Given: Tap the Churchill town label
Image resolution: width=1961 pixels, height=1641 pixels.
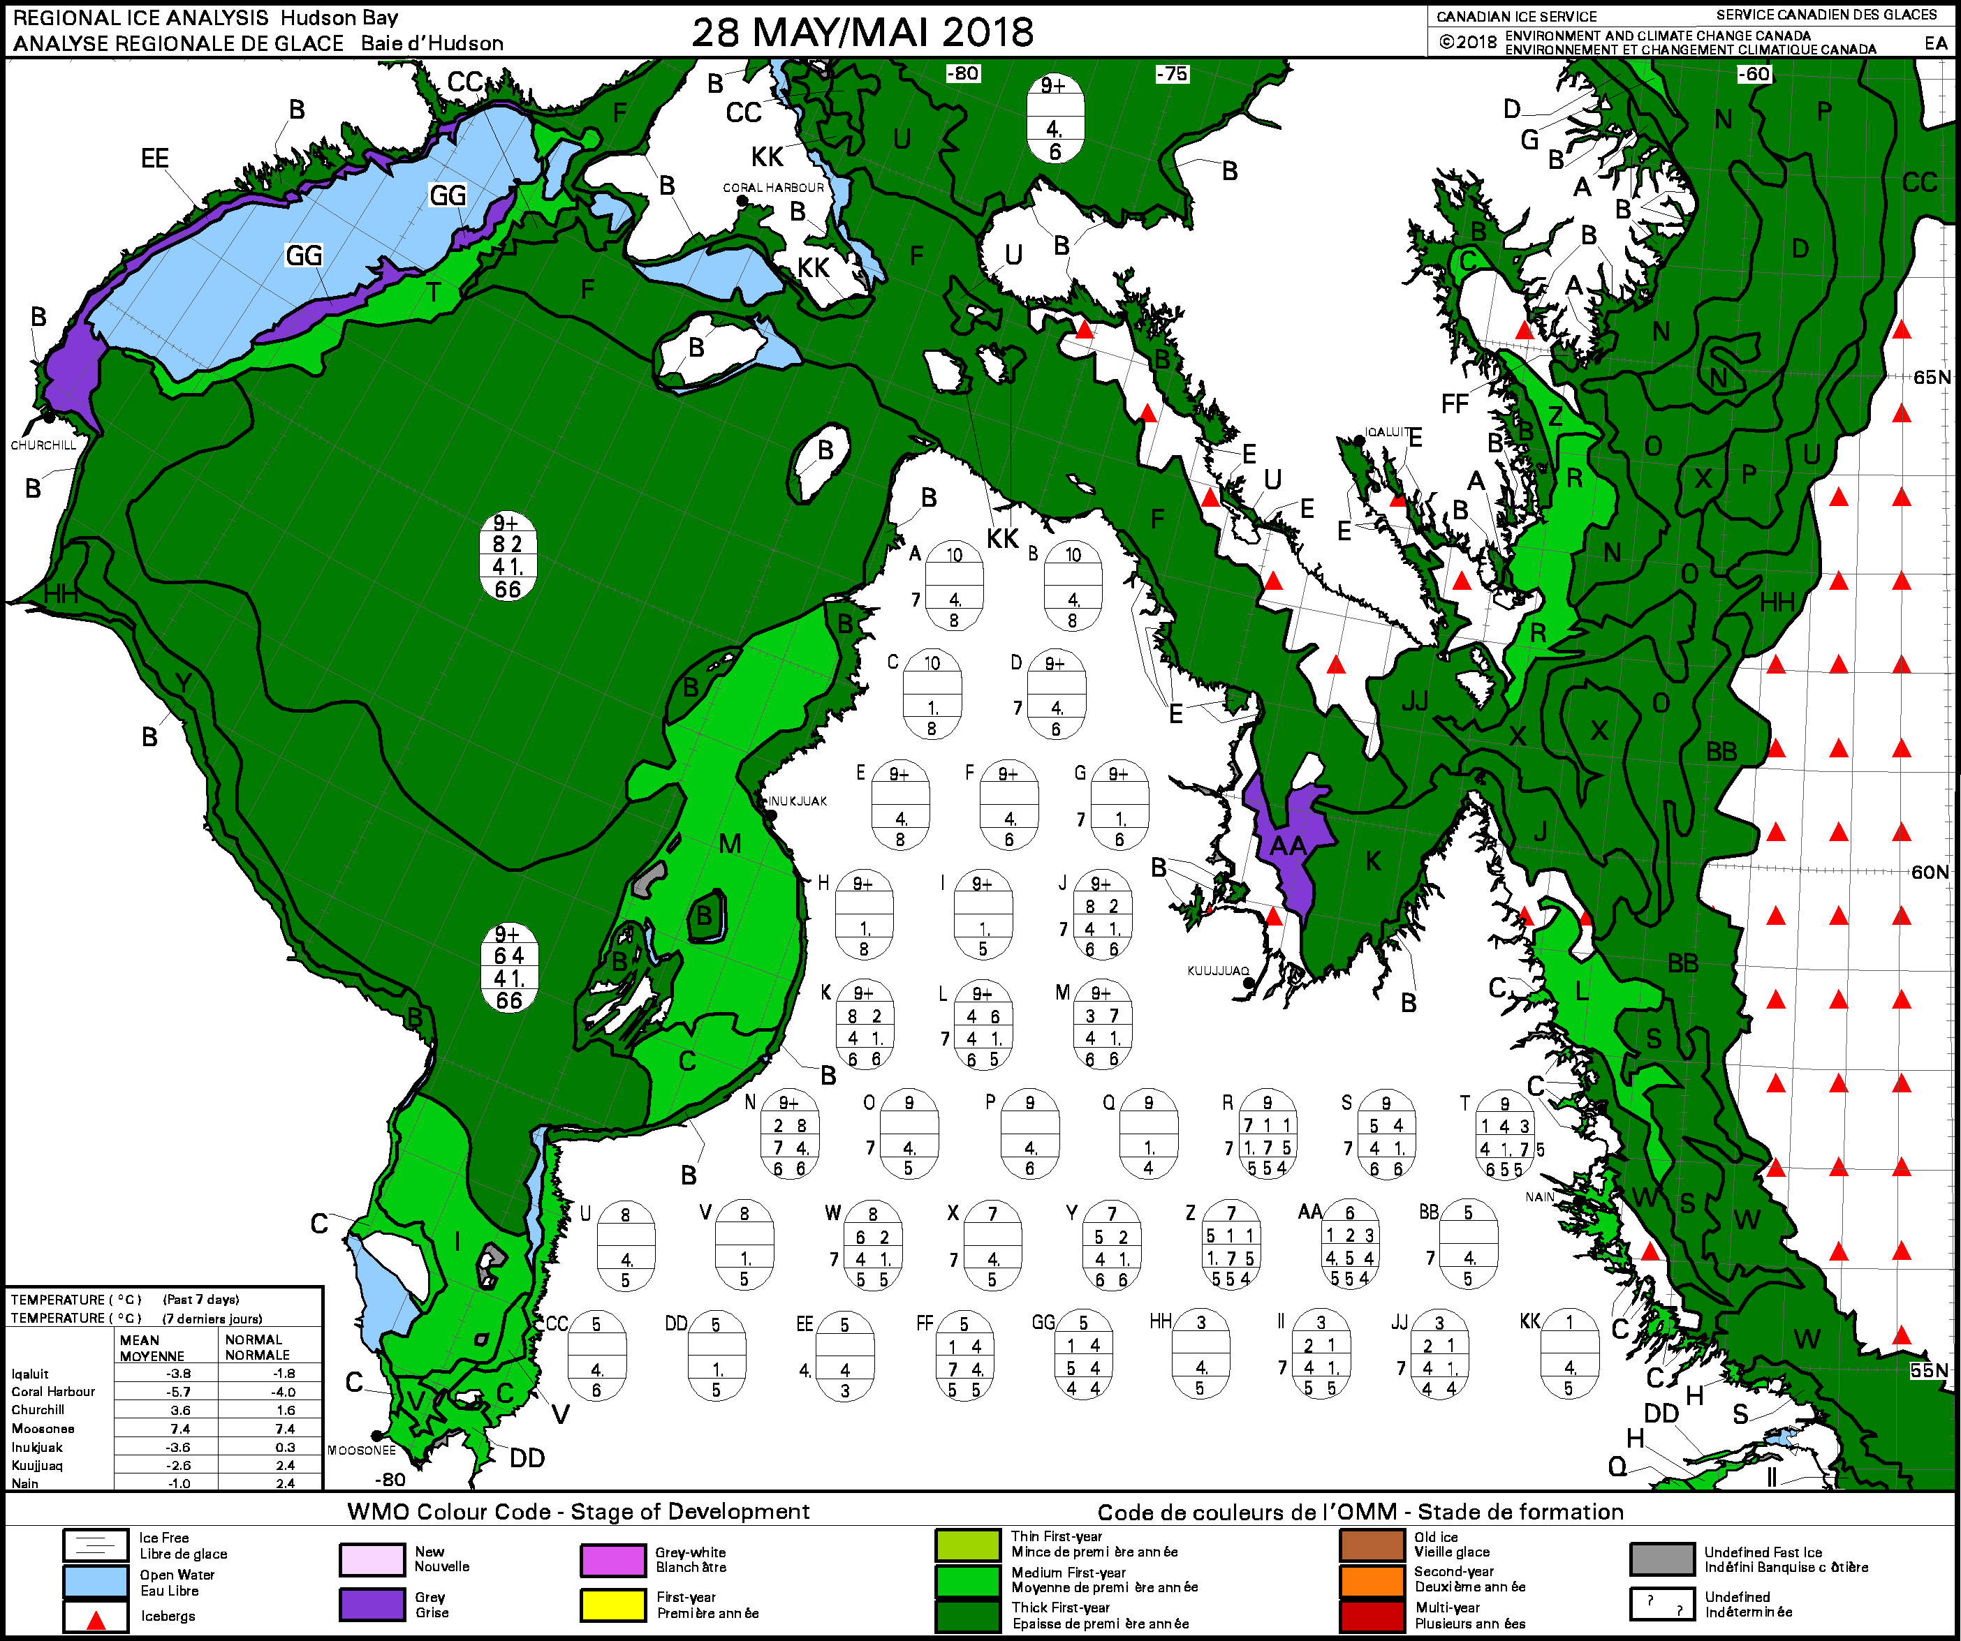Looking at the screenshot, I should (x=43, y=445).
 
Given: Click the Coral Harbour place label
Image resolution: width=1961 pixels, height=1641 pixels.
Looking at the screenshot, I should (x=773, y=188).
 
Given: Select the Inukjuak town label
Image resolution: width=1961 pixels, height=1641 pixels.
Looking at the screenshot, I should (x=798, y=801).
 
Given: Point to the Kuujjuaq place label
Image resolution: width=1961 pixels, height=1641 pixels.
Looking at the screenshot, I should (x=1218, y=971).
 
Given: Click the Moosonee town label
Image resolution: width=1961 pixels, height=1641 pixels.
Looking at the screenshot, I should (x=361, y=1450).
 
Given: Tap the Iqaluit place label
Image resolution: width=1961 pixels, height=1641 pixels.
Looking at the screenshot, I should (x=1387, y=432).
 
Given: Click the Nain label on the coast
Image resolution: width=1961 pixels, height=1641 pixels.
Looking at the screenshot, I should (x=1540, y=1196).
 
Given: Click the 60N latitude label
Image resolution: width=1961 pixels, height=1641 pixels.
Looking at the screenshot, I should (x=1930, y=872).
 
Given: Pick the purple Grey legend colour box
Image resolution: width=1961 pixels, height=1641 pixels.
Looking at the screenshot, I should (x=371, y=1604).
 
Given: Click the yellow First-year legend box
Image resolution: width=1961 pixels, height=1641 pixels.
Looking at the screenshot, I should (x=612, y=1604).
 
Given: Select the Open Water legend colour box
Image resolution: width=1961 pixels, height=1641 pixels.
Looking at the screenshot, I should (x=95, y=1581).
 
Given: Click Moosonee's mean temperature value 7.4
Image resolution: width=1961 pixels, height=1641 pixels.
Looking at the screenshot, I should (x=179, y=1429).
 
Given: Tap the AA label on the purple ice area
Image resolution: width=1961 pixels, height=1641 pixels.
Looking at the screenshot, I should (x=1288, y=846).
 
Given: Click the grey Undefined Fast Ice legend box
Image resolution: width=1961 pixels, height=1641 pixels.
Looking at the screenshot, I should (x=1661, y=1559).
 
